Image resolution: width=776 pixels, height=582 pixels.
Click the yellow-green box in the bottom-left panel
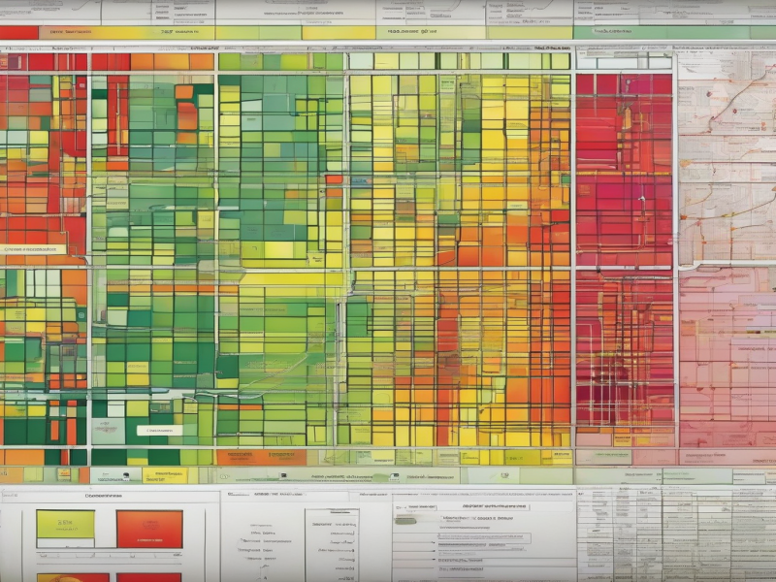(x=65, y=525)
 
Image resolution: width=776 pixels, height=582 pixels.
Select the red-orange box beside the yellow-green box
(x=148, y=529)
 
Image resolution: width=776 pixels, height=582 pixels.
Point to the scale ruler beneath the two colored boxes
(x=107, y=557)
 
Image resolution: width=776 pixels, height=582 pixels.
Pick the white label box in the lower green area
(x=158, y=430)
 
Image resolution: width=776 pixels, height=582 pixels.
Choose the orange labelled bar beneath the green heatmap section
(x=247, y=456)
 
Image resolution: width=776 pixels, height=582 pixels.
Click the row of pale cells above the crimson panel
(x=625, y=60)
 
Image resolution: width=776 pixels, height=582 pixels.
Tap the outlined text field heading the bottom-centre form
(x=484, y=505)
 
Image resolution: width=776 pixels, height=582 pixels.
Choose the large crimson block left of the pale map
(x=625, y=252)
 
